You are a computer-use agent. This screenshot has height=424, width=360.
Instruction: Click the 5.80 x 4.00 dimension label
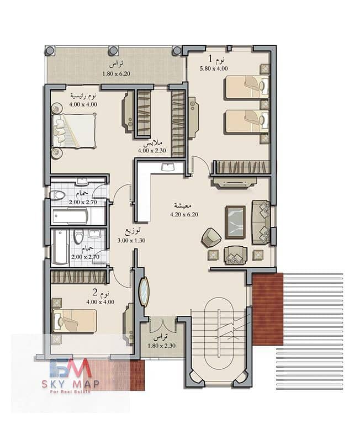(x=214, y=68)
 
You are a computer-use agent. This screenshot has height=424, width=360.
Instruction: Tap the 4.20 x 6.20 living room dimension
(x=184, y=214)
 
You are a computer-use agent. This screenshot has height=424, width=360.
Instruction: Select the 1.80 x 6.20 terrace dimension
(x=117, y=73)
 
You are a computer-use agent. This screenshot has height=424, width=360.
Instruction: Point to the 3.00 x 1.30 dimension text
(x=131, y=240)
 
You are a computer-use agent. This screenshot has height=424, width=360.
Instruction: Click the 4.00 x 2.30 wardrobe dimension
(x=152, y=151)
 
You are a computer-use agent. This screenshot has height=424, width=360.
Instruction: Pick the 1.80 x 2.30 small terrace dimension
(x=161, y=346)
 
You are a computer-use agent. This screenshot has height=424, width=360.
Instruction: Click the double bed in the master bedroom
(x=74, y=130)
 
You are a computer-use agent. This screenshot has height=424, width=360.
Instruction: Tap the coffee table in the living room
(x=236, y=222)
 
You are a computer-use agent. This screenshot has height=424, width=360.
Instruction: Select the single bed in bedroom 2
(x=75, y=321)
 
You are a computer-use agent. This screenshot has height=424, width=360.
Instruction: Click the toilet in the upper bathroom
(x=58, y=195)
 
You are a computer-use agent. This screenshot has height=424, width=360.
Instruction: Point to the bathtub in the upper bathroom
(x=70, y=216)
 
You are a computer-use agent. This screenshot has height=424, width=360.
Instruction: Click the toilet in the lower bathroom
(x=79, y=237)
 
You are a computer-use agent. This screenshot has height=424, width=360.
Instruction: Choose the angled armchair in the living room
(x=211, y=237)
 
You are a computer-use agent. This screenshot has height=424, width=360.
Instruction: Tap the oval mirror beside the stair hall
(x=144, y=291)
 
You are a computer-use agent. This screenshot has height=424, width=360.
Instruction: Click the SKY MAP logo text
(x=70, y=384)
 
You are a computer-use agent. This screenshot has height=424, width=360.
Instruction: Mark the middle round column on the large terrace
(x=113, y=50)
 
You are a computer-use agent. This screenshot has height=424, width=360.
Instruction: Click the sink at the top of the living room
(x=168, y=167)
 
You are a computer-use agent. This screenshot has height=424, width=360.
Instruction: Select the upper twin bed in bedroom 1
(x=247, y=88)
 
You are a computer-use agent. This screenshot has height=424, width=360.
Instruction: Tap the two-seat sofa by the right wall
(x=261, y=222)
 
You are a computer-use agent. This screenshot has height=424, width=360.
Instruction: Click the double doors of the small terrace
(x=163, y=325)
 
